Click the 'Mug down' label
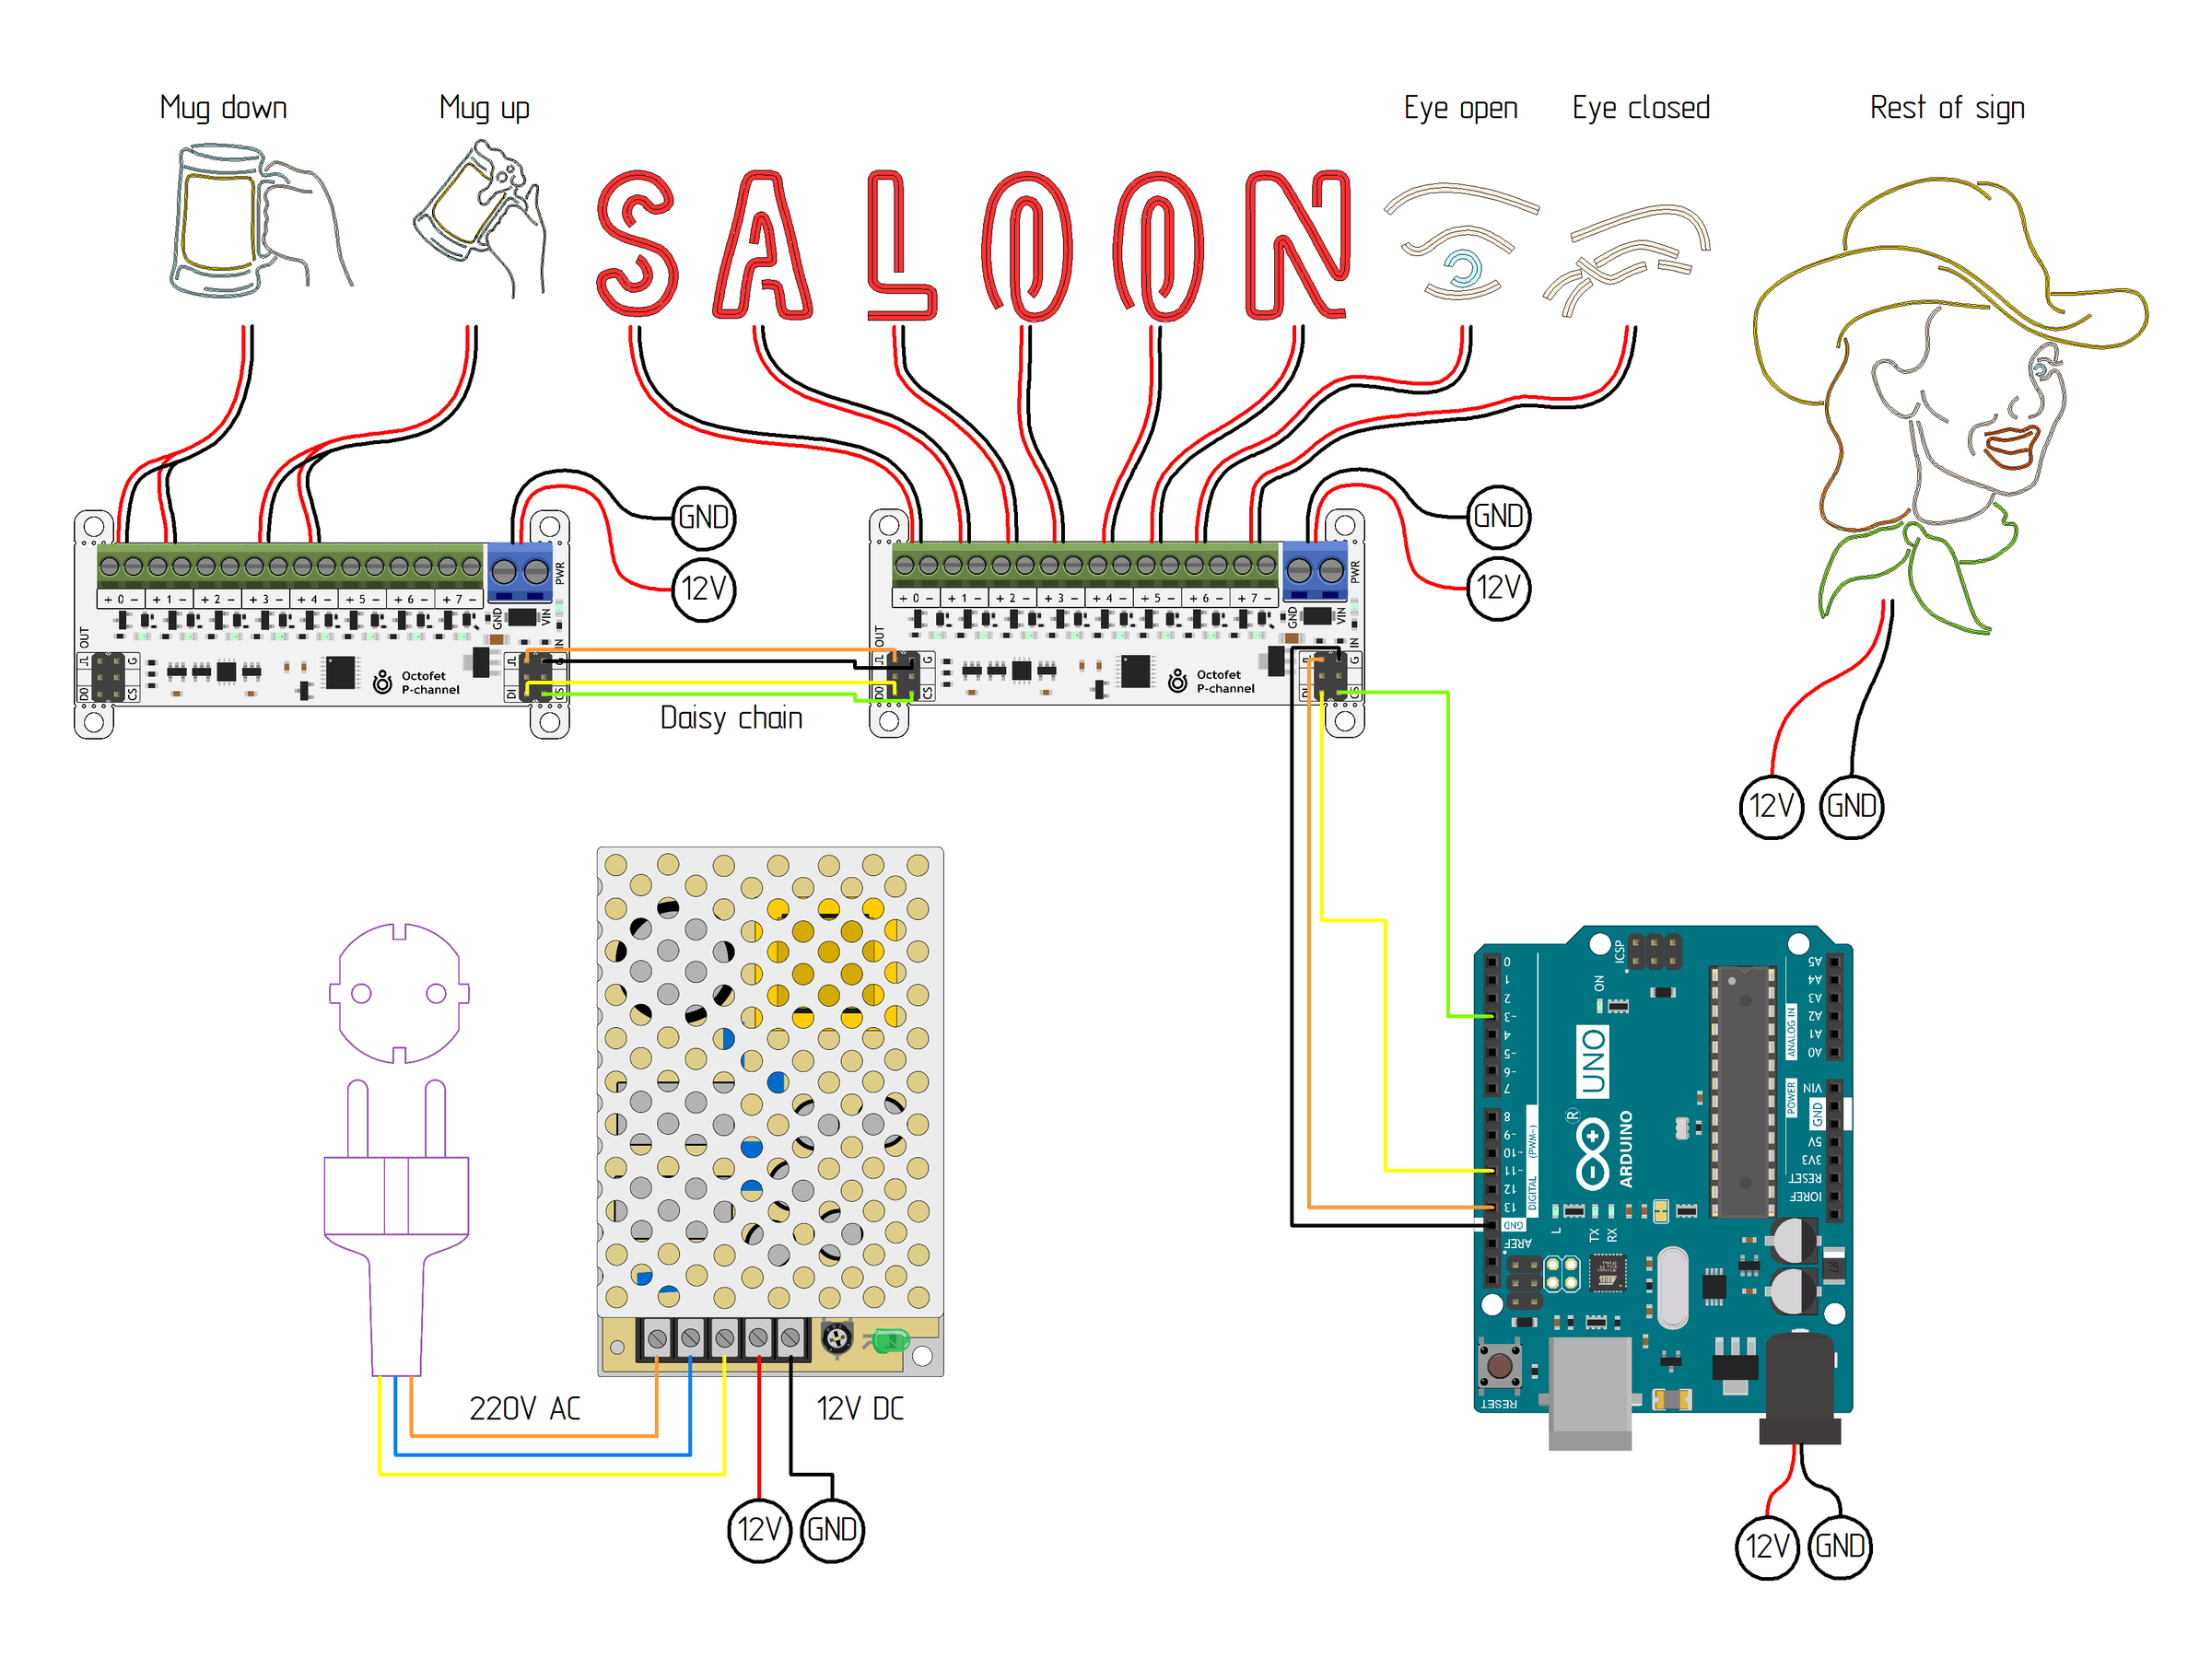click(x=223, y=107)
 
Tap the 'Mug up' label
click(x=484, y=107)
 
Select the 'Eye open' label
click(x=1459, y=107)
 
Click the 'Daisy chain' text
click(x=731, y=718)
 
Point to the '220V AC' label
click(x=524, y=1408)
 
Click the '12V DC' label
click(x=860, y=1408)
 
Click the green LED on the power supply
click(x=887, y=1340)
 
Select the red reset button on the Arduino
click(x=1498, y=1365)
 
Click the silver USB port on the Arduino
click(x=1589, y=1390)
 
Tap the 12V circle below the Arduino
click(x=1766, y=1547)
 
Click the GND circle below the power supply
click(x=832, y=1530)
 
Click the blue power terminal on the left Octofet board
click(x=520, y=571)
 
